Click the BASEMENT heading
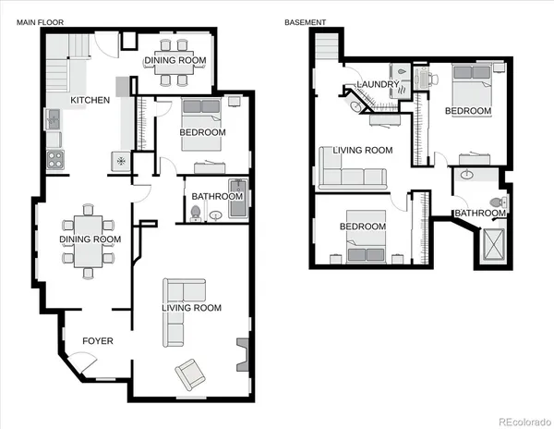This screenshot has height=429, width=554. (305, 21)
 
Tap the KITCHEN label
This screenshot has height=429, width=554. (90, 100)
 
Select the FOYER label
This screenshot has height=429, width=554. (98, 341)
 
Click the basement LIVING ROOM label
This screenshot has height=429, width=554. (363, 150)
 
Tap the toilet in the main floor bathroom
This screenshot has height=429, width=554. (196, 213)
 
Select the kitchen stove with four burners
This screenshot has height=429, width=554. (55, 159)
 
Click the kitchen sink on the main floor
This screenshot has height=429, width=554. (54, 118)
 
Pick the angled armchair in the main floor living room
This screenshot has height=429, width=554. (192, 373)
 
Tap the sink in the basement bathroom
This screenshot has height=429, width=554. (467, 176)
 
